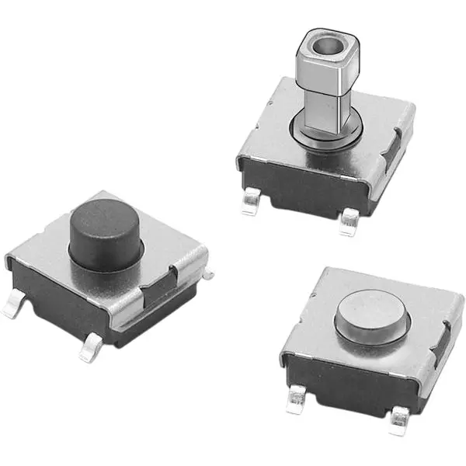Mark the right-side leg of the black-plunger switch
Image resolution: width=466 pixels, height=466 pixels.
(208, 271)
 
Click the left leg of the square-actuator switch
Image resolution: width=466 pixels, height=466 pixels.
(249, 203)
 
